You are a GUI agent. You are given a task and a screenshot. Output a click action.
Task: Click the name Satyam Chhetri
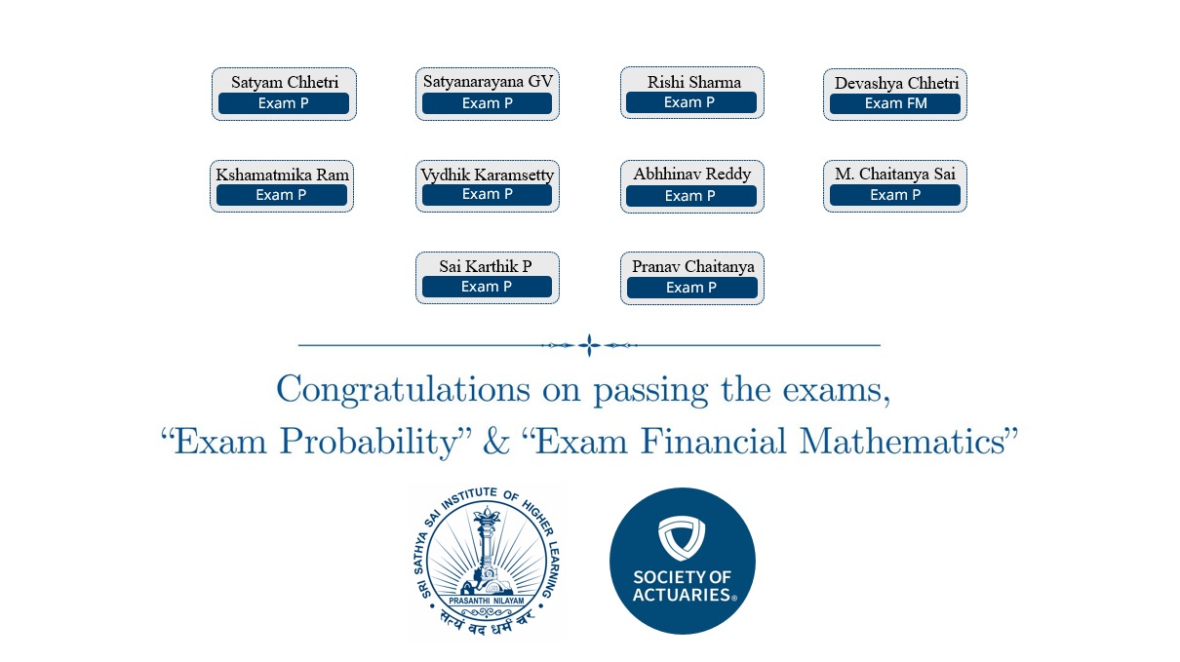[x=285, y=82]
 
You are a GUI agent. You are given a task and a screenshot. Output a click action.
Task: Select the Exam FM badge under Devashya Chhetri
[x=895, y=103]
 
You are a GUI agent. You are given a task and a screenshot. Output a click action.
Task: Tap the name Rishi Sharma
[x=693, y=82]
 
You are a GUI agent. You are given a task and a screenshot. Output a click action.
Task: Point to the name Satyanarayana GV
[x=488, y=82]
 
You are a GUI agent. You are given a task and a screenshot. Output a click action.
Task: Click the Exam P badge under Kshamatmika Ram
[x=281, y=195]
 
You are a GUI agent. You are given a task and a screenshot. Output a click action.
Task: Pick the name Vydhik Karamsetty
[x=488, y=175]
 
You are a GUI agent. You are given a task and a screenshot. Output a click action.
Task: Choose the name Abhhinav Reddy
[x=691, y=175]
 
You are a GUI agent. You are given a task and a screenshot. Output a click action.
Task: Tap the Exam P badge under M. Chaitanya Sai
[x=895, y=195]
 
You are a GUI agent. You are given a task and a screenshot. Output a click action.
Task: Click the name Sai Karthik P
[x=486, y=266]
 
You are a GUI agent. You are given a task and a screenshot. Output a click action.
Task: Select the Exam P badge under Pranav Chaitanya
[x=691, y=288]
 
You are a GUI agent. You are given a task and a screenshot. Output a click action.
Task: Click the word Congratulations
[x=404, y=391]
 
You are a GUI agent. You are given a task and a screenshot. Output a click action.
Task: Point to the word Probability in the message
[x=375, y=442]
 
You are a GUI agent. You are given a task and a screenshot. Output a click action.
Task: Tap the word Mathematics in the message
[x=902, y=442]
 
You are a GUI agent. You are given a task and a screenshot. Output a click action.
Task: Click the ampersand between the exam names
[x=496, y=442]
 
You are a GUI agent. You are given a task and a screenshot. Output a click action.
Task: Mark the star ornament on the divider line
[x=589, y=345]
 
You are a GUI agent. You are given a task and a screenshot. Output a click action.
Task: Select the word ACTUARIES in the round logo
[x=683, y=595]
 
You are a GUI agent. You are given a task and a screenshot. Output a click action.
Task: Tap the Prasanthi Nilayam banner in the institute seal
[x=487, y=601]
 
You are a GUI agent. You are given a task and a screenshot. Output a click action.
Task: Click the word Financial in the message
[x=713, y=442]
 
